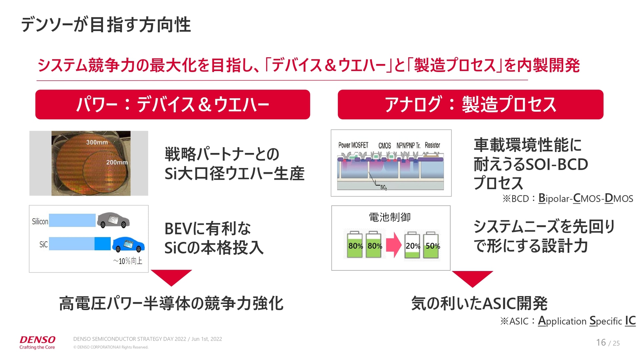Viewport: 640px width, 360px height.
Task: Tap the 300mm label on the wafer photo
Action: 97,142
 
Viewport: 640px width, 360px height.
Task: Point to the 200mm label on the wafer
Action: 117,162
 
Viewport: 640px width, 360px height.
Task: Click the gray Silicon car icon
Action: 113,220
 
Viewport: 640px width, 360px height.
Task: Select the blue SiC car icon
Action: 128,244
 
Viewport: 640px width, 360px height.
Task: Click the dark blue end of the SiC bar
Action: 102,244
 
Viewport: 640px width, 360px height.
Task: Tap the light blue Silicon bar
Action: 72,220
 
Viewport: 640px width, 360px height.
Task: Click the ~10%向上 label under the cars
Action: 128,261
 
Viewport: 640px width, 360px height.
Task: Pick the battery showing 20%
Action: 412,246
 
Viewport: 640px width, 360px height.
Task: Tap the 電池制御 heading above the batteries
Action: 390,217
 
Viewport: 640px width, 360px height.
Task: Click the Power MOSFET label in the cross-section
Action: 353,145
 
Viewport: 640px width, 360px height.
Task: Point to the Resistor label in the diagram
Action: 432,145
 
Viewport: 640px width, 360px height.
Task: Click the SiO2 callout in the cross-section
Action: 383,188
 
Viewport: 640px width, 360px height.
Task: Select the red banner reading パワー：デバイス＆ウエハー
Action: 173,104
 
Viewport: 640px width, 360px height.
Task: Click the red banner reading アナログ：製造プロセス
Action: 470,104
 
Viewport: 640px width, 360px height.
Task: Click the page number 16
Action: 601,343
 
